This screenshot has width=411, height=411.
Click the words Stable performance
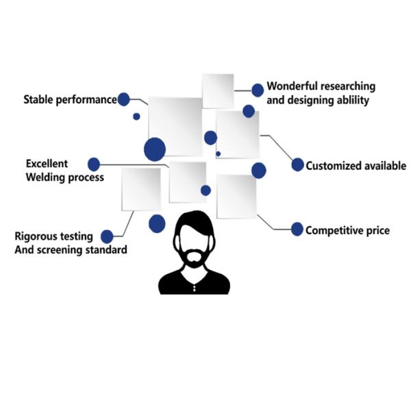coord(70,99)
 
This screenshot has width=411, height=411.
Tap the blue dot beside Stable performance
coord(124,99)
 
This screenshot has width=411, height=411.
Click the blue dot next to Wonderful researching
coord(258,90)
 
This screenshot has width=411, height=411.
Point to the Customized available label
coord(356,166)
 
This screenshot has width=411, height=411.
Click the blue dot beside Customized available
coord(297,165)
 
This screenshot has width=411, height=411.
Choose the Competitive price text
coord(347,230)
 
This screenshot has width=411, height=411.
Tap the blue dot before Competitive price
coord(297,229)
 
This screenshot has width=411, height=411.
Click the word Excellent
coord(47,164)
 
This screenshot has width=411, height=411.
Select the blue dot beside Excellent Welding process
coord(94,164)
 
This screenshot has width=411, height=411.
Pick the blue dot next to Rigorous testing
coord(107,237)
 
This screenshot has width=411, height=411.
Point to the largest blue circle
coord(155,149)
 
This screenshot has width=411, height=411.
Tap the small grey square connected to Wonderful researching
coord(219,90)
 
